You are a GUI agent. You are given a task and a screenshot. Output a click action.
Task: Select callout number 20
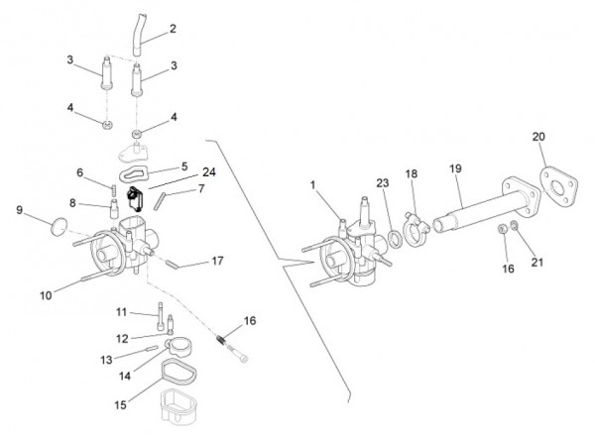538,136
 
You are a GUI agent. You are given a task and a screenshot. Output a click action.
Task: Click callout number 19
456,169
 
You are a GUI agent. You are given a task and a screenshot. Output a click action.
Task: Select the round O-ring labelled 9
59,230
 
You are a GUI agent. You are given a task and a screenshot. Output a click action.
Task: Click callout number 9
19,210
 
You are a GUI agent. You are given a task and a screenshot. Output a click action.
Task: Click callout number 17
218,262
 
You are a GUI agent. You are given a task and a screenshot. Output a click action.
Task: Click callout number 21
538,263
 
